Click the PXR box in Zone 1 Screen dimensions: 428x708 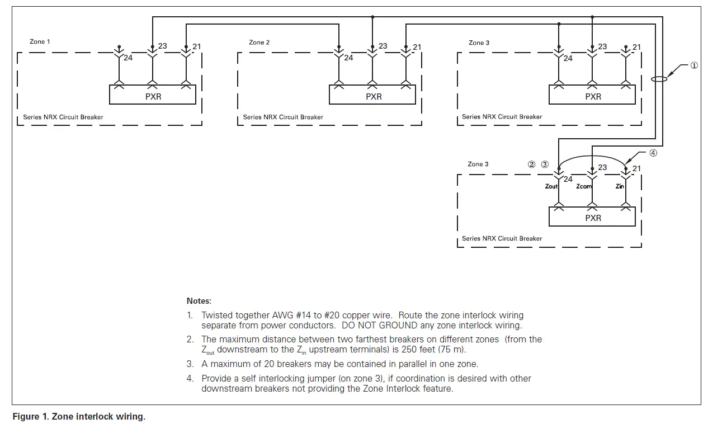click(152, 96)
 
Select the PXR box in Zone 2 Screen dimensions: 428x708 click(373, 96)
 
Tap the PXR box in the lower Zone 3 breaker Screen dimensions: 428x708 click(593, 218)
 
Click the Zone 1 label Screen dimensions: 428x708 click(40, 42)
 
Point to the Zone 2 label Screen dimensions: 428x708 click(259, 43)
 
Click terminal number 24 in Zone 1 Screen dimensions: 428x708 click(128, 58)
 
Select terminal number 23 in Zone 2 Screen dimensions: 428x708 click(383, 46)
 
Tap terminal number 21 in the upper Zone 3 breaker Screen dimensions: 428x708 click(636, 47)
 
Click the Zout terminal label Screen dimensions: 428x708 click(551, 186)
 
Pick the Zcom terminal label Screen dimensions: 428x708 click(584, 186)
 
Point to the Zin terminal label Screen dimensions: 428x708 click(620, 186)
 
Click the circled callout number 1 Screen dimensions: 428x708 click(694, 65)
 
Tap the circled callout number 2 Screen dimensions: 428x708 click(532, 164)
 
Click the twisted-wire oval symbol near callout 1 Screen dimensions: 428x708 click(660, 79)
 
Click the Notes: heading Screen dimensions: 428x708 click(199, 301)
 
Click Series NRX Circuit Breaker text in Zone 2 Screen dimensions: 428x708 click(283, 117)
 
